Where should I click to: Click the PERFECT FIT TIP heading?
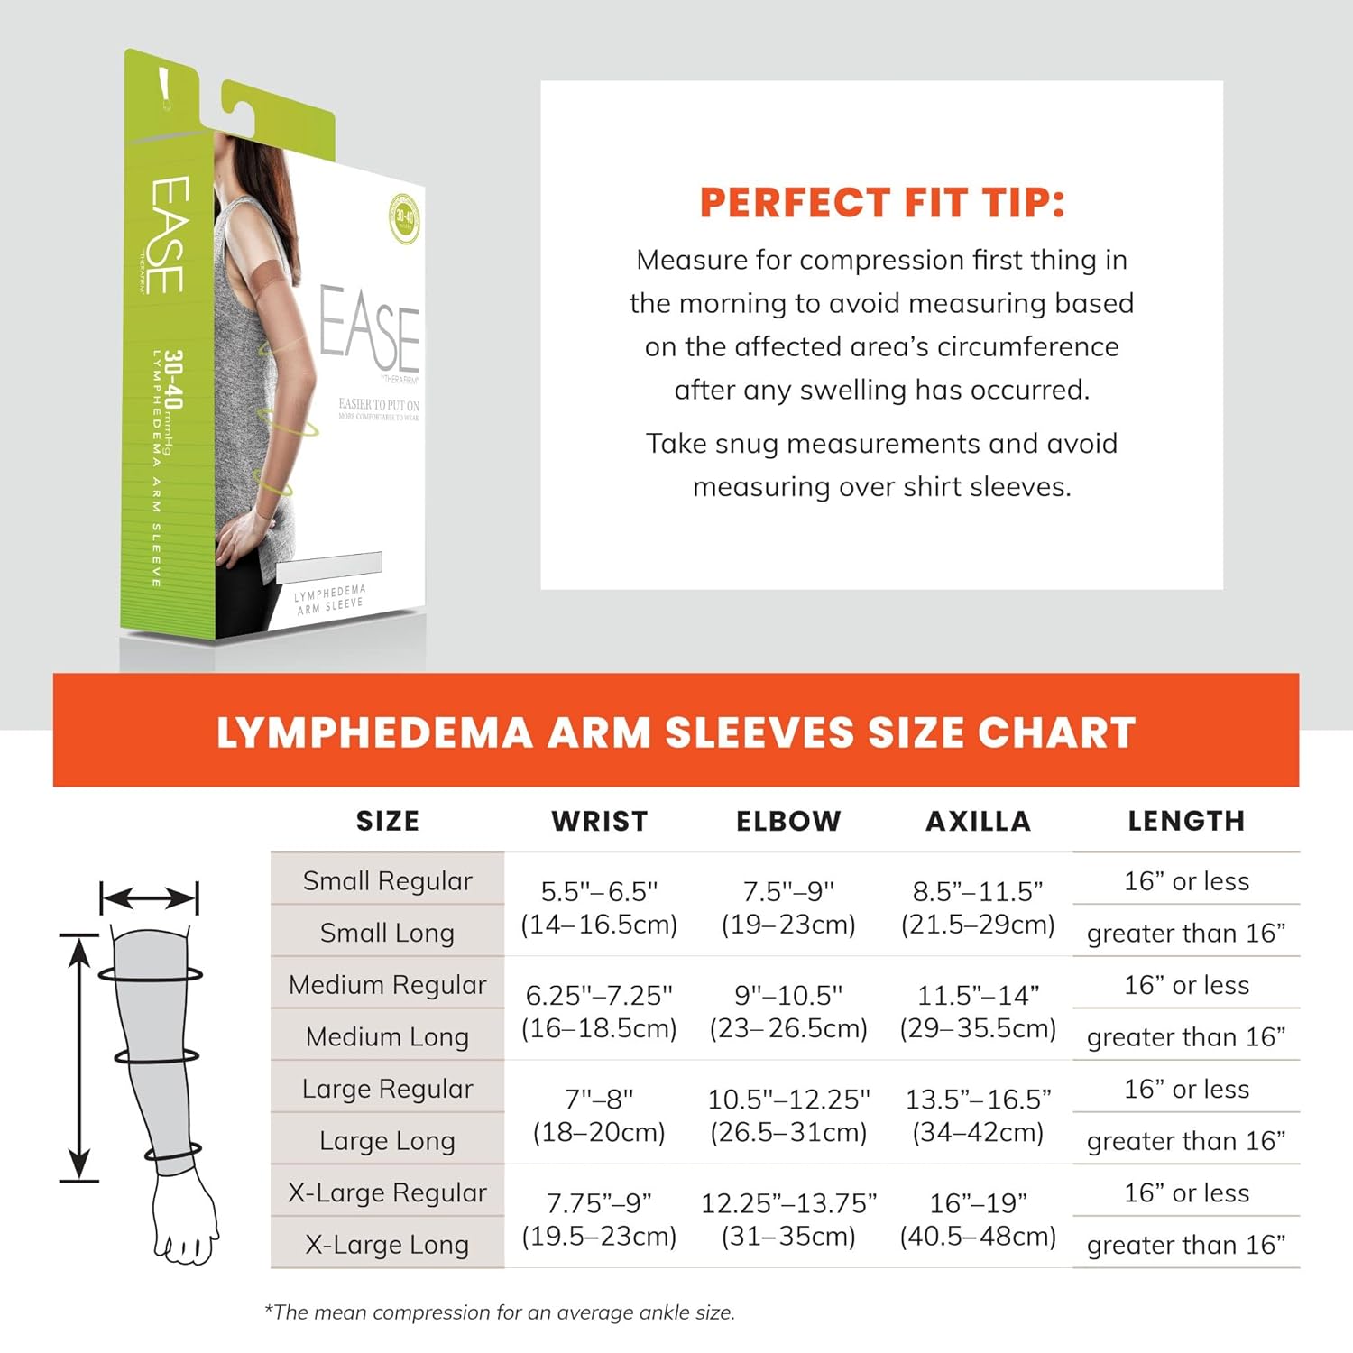click(882, 203)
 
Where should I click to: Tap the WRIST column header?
click(600, 821)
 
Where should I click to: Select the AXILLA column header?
click(979, 821)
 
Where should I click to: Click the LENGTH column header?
click(1186, 821)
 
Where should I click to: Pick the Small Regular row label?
click(387, 880)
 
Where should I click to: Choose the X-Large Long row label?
click(387, 1245)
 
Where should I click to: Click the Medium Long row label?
click(387, 1036)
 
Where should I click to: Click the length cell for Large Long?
click(1186, 1141)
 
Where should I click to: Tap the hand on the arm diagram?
click(185, 1218)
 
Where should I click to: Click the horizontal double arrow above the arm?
click(149, 898)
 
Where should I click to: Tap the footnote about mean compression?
click(499, 1312)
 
